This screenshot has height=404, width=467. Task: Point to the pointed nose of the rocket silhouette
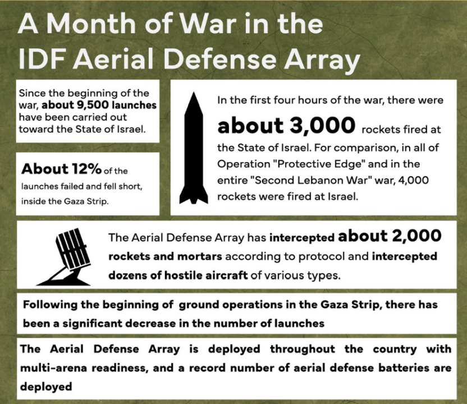pyautogui.click(x=194, y=93)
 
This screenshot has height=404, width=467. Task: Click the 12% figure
pyautogui.click(x=86, y=169)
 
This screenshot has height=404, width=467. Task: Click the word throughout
pyautogui.click(x=303, y=349)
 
